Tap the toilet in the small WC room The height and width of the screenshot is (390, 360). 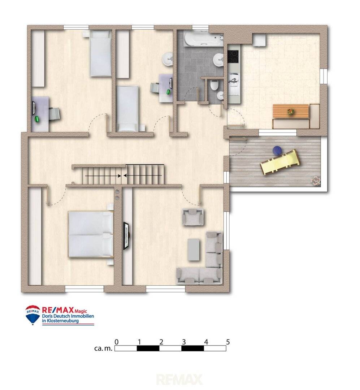pyautogui.click(x=214, y=85)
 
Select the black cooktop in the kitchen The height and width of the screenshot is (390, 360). pyautogui.click(x=233, y=56)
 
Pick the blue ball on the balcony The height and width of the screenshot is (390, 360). pyautogui.click(x=277, y=150)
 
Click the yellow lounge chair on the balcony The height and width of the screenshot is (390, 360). pyautogui.click(x=280, y=162)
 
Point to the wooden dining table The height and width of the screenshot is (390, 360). pyautogui.click(x=291, y=111)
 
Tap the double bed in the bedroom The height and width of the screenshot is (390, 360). pyautogui.click(x=91, y=234)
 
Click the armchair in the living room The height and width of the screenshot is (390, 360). pyautogui.click(x=193, y=217)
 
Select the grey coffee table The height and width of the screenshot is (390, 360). pyautogui.click(x=194, y=250)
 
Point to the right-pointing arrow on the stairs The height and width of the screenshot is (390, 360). pyautogui.click(x=103, y=175)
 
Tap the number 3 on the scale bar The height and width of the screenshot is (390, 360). pyautogui.click(x=184, y=342)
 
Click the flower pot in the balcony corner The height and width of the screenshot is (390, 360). pyautogui.click(x=316, y=181)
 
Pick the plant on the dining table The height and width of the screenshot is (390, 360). pyautogui.click(x=290, y=111)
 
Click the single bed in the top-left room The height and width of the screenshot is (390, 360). pyautogui.click(x=100, y=53)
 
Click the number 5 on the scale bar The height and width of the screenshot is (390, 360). pyautogui.click(x=227, y=342)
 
